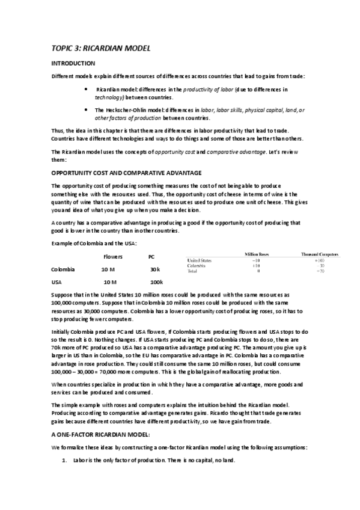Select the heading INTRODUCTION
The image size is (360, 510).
pyautogui.click(x=73, y=63)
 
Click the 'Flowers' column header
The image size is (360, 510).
pyautogui.click(x=113, y=257)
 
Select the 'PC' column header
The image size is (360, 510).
pyautogui.click(x=151, y=257)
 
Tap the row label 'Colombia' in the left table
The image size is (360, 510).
pyautogui.click(x=63, y=269)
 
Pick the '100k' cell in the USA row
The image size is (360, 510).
pyautogui.click(x=156, y=282)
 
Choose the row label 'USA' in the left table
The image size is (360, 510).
pyautogui.click(x=57, y=282)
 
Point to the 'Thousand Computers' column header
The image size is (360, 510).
pyautogui.click(x=320, y=254)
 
